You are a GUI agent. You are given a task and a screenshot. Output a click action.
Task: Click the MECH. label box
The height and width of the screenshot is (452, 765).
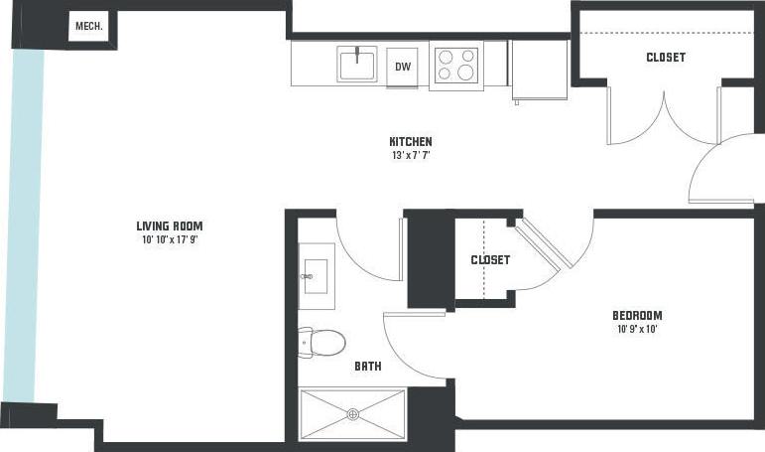(x=91, y=27)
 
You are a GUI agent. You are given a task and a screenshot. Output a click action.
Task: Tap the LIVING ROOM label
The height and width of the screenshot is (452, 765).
(x=175, y=225)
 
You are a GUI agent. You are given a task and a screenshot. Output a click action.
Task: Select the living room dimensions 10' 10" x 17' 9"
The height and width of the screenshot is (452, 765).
(x=175, y=238)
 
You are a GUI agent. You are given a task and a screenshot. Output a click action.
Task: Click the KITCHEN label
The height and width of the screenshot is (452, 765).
(x=410, y=141)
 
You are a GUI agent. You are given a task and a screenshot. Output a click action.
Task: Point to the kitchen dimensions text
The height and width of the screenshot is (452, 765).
(x=410, y=155)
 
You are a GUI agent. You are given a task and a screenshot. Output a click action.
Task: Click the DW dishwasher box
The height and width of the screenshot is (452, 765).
(x=403, y=67)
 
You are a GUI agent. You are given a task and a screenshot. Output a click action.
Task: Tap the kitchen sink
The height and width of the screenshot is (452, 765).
(x=357, y=65)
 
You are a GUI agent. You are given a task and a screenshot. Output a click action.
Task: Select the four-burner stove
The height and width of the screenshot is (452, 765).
(x=455, y=66)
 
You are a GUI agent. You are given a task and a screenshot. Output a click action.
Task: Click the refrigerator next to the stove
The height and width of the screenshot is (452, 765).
(x=539, y=70)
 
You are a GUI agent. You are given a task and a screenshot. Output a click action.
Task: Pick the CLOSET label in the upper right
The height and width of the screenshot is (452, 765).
(x=665, y=57)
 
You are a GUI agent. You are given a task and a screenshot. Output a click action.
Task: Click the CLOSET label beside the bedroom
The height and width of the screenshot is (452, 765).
(x=490, y=259)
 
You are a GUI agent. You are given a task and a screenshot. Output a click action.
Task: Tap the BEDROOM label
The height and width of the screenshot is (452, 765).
(x=636, y=316)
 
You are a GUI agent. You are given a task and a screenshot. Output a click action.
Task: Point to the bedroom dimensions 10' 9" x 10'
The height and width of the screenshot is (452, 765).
(x=636, y=330)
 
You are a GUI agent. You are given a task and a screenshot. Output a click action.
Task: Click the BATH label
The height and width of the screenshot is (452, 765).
(x=368, y=366)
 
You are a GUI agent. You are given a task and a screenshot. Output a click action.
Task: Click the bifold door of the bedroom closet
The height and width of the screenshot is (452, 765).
(x=545, y=244)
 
